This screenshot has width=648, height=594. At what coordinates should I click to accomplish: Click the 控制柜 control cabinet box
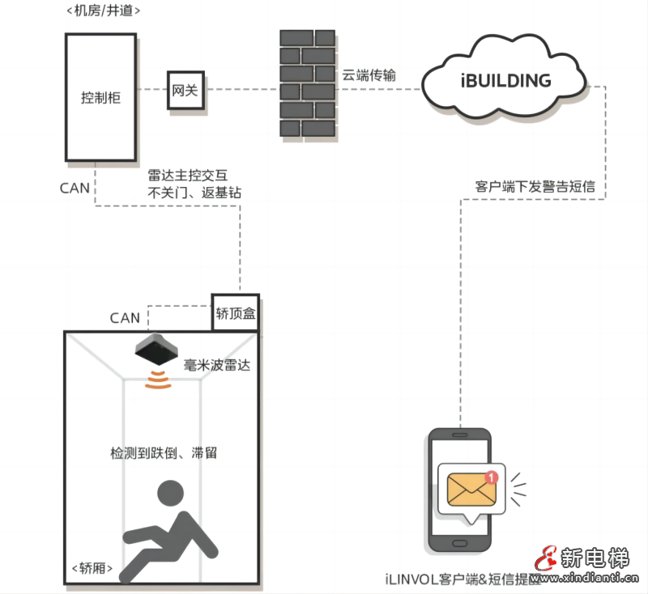(100, 97)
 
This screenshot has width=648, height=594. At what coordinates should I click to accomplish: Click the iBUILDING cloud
(505, 81)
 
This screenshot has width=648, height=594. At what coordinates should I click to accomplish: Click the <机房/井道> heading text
(103, 12)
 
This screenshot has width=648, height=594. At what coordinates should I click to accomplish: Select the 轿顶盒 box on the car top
(236, 313)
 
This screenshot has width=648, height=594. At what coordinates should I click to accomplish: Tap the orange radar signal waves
(158, 380)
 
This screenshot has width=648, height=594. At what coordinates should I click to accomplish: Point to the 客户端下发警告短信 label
(535, 186)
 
